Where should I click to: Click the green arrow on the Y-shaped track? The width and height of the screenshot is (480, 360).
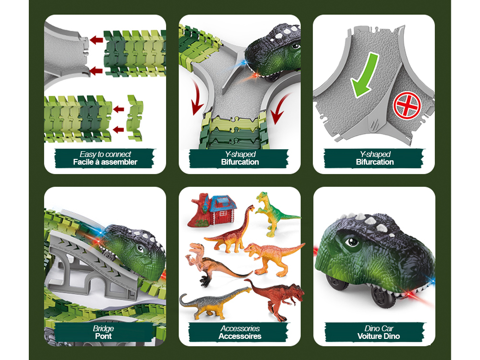pos(364,75)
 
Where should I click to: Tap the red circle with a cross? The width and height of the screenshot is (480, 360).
pos(407,105)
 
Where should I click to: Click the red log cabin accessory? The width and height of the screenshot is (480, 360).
pos(212,210)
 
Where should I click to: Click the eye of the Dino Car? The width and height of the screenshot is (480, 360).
pos(352,242)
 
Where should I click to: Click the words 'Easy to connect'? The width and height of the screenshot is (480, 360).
pos(105,154)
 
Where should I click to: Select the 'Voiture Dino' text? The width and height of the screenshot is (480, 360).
pos(379,336)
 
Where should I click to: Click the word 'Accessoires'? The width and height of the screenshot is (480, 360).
pos(240,336)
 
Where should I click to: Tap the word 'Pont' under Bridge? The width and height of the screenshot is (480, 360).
pos(104,336)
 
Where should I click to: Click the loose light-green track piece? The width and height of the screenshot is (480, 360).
pos(135,118)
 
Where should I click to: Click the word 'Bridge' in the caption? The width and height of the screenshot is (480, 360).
pos(104,328)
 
